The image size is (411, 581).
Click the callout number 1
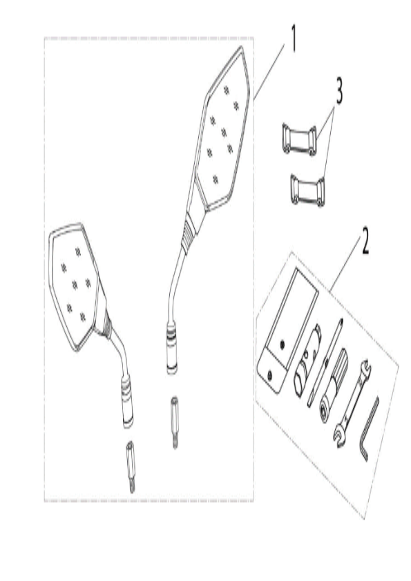point(294,39)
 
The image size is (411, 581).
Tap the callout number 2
point(365,241)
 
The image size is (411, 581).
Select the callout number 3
point(338,91)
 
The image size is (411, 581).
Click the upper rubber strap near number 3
point(299,140)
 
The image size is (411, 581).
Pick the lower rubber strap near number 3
point(307,190)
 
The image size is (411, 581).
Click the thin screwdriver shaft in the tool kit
point(325,363)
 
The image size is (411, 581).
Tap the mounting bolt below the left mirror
point(130,466)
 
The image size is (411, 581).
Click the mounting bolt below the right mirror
point(175,422)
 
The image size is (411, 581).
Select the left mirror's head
point(75,286)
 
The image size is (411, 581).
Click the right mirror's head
point(223,129)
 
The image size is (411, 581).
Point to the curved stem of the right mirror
point(175,282)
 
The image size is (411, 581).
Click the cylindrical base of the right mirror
point(171,348)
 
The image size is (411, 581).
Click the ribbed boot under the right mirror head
point(191,232)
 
